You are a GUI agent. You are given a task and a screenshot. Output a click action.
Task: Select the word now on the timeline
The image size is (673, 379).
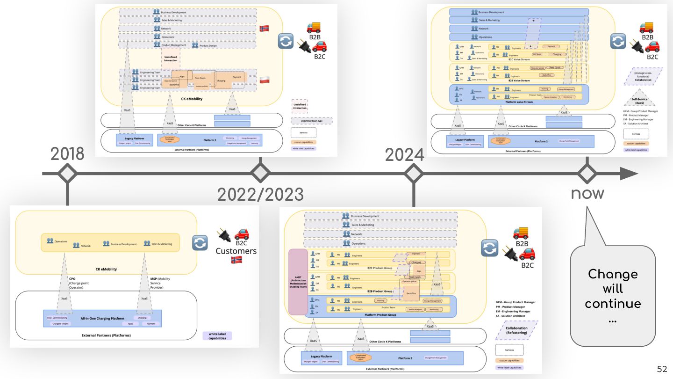click(x=587, y=193)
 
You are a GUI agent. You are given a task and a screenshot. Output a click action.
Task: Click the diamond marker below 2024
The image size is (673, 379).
click(x=413, y=174)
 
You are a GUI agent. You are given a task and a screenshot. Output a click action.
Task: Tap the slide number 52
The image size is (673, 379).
click(x=662, y=369)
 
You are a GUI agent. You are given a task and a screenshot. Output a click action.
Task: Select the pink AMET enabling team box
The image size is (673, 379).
click(x=298, y=282)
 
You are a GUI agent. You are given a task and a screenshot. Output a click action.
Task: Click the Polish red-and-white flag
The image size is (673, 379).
click(x=265, y=80)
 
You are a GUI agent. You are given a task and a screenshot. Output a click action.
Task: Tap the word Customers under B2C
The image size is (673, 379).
click(x=236, y=251)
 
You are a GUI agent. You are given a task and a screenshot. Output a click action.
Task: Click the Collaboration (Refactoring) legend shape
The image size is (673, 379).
click(x=516, y=330)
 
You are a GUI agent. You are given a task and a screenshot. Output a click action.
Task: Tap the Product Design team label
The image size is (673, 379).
click(x=208, y=45)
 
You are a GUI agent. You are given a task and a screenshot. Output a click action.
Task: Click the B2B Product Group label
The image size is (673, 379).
click(x=379, y=292)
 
